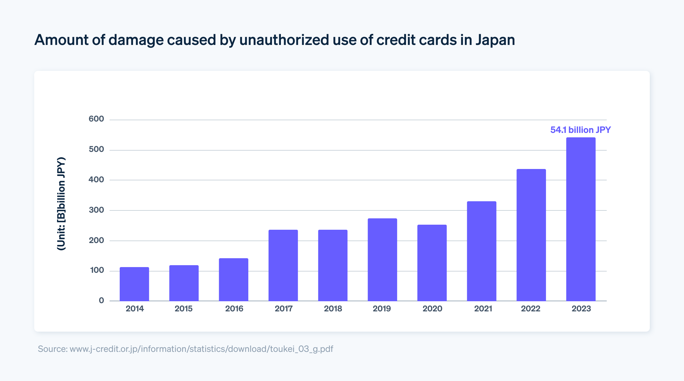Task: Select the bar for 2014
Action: (134, 284)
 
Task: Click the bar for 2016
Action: (233, 279)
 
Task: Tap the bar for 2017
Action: (283, 265)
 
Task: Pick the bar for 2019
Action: (382, 259)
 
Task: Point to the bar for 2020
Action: (432, 263)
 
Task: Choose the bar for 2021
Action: (481, 251)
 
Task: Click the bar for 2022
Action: (531, 235)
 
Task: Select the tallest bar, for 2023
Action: (581, 219)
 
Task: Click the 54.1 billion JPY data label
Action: (580, 130)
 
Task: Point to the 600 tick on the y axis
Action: (96, 119)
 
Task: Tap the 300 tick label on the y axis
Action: (96, 210)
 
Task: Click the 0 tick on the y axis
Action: (101, 301)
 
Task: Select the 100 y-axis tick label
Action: (97, 271)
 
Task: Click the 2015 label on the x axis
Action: (184, 309)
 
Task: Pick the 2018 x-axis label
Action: (333, 309)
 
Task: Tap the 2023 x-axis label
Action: (581, 309)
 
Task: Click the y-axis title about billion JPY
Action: (61, 204)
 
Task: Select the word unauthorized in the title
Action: (284, 40)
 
